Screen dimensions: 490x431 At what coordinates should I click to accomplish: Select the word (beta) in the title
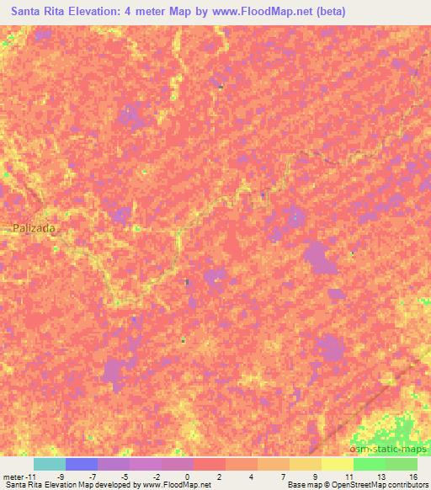pyautogui.click(x=327, y=12)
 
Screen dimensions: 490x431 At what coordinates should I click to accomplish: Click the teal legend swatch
pyautogui.click(x=50, y=464)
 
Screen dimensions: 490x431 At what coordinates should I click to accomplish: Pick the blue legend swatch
pyautogui.click(x=82, y=464)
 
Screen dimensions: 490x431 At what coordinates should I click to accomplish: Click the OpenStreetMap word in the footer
pyautogui.click(x=354, y=485)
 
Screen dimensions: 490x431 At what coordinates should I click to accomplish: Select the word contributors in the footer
pyautogui.click(x=407, y=485)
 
